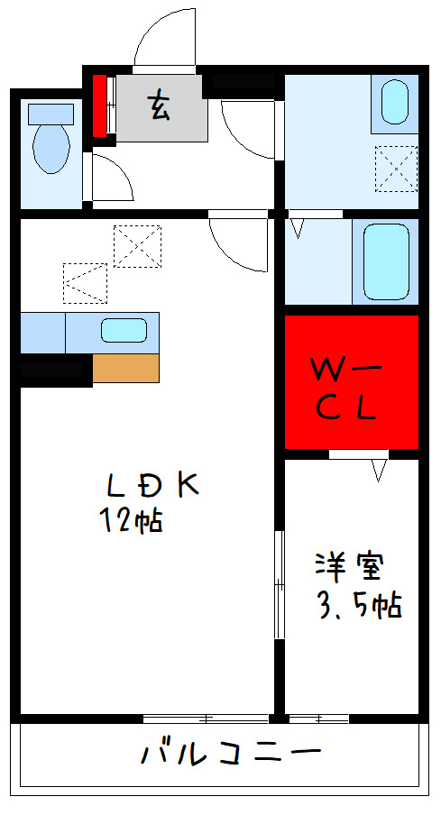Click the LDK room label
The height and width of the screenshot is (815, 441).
152,485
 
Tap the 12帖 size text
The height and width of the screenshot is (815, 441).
132,520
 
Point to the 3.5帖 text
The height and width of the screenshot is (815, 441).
358,605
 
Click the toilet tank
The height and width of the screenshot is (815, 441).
51,114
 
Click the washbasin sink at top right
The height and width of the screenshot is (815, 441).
394,101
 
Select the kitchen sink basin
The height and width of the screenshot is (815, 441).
124,330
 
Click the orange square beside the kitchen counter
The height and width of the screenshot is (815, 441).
125,369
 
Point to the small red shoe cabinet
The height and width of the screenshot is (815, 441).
99,104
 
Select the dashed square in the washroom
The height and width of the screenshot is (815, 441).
396,168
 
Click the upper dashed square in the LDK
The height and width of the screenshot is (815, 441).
138,244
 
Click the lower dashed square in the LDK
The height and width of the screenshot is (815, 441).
86,282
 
